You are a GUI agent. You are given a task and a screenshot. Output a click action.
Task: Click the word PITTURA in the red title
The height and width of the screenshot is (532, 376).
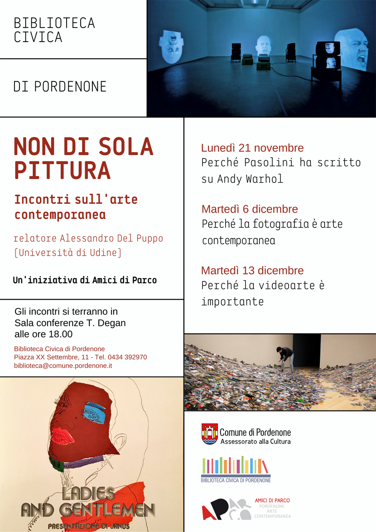point(63,170)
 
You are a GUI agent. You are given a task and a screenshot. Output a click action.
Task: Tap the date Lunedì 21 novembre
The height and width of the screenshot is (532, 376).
point(252,148)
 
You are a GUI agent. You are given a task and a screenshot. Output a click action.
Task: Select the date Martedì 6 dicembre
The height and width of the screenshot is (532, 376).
point(250,209)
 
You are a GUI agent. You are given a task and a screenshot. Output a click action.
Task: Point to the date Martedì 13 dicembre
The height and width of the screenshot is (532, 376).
point(252,271)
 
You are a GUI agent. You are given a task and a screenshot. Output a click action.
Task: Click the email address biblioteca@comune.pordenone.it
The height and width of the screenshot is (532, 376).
point(63,365)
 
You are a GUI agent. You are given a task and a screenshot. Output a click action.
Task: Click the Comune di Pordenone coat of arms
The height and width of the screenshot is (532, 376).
point(209,434)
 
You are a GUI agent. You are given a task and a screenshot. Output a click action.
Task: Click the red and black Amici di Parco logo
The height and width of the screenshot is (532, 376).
point(226,509)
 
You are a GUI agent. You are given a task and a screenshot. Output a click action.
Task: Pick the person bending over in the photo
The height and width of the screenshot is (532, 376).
point(284,358)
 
